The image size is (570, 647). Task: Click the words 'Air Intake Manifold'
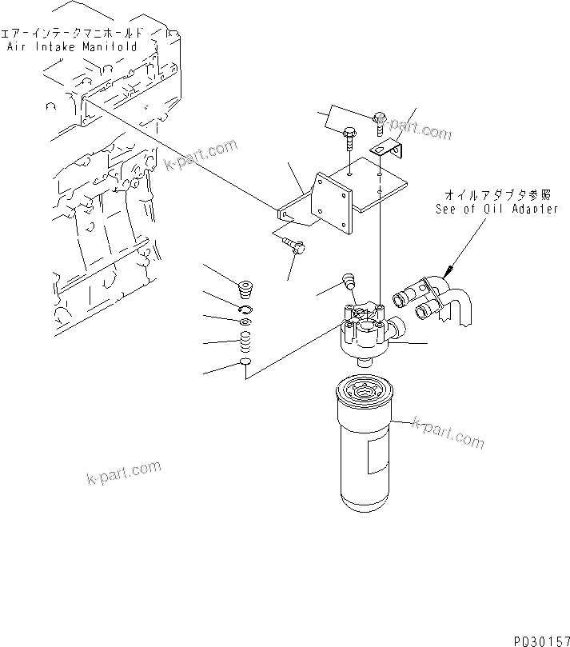(x=72, y=47)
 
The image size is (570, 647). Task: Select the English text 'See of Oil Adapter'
(x=496, y=209)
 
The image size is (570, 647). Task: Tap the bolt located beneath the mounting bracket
(x=296, y=249)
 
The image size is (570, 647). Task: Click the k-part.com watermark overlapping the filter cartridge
(x=448, y=433)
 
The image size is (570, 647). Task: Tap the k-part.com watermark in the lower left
(x=123, y=473)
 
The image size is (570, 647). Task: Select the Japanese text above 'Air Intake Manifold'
(x=72, y=34)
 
